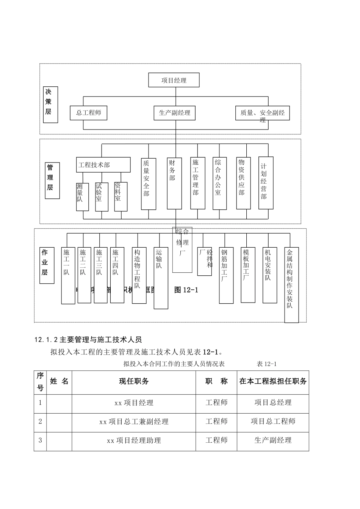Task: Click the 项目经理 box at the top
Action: pos(174,80)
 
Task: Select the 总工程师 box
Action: pos(88,112)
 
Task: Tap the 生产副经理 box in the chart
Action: pos(174,112)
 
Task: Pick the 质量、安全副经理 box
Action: pos(262,113)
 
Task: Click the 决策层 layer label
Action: pos(50,105)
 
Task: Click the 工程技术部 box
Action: pos(103,165)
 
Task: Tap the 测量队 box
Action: pos(82,197)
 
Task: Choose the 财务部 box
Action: pos(174,183)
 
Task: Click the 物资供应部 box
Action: pos(243,183)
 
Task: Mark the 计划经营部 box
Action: pos(266,183)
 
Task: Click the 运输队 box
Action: pos(161,278)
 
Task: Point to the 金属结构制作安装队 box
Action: pos(291,285)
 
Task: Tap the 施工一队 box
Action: pos(68,275)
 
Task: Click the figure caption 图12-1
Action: pos(186,290)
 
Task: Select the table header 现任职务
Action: pos(134,381)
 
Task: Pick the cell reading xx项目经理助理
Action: pos(134,440)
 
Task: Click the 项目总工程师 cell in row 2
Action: pos(273,422)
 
